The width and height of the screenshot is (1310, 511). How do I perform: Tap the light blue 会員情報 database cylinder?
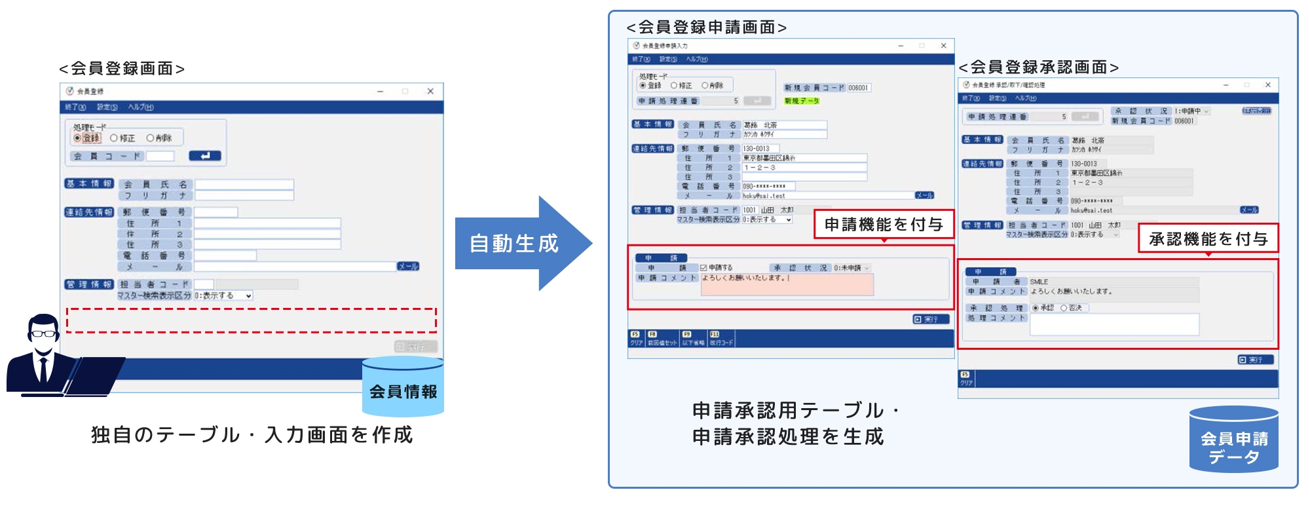click(403, 388)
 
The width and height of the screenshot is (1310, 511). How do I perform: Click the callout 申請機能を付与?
click(883, 225)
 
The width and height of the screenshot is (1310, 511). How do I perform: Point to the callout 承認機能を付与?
click(1208, 239)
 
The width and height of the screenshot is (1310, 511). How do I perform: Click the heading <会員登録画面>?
click(122, 69)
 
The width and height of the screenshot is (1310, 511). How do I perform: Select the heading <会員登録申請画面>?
click(707, 28)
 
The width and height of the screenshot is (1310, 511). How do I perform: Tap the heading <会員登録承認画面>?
click(1038, 67)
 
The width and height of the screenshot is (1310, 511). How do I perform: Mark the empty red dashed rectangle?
click(252, 320)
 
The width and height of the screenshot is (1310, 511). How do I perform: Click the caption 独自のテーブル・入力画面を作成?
click(252, 435)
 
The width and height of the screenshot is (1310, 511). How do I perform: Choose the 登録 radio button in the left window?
click(77, 138)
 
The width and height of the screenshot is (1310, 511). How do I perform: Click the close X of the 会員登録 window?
click(430, 92)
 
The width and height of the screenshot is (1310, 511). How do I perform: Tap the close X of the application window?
click(943, 46)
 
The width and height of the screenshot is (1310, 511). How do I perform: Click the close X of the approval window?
click(1267, 85)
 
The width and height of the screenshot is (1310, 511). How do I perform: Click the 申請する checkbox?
click(703, 268)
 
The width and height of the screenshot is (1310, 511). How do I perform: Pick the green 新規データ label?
click(802, 101)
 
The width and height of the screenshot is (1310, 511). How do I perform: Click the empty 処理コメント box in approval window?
click(1114, 324)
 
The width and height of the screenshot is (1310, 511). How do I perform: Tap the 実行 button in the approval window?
click(1255, 360)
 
